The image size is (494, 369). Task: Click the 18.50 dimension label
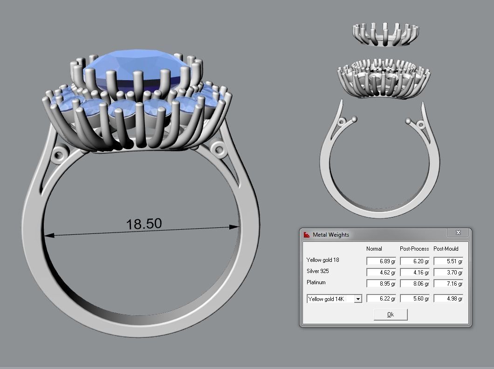click(x=144, y=224)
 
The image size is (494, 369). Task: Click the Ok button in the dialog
click(x=391, y=314)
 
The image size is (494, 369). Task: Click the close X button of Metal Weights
click(x=458, y=232)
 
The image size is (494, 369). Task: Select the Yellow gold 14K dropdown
click(x=334, y=299)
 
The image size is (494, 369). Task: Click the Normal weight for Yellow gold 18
click(x=381, y=261)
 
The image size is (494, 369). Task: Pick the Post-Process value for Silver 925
click(x=414, y=273)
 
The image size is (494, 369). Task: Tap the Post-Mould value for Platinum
click(x=448, y=284)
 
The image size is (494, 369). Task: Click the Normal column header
click(x=374, y=249)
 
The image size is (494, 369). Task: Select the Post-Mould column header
click(x=446, y=249)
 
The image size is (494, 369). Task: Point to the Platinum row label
click(x=316, y=282)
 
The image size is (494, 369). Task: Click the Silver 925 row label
click(x=318, y=271)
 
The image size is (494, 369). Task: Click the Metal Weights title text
click(x=330, y=235)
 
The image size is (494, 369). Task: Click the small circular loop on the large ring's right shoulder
click(x=217, y=149)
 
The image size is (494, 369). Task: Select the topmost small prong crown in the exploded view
click(x=385, y=34)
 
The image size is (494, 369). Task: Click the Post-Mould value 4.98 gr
click(x=448, y=299)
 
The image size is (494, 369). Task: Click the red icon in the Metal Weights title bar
click(x=306, y=235)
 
